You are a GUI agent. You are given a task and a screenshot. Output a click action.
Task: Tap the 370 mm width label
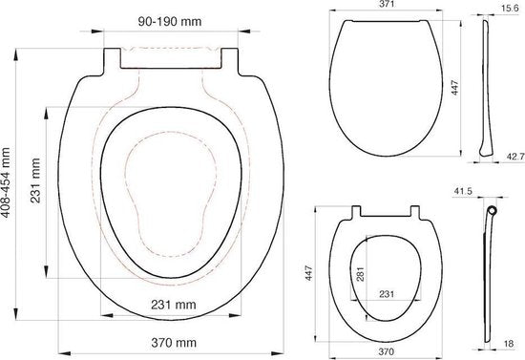click(172, 341)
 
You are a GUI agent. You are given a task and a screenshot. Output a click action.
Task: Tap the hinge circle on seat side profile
click(493, 212)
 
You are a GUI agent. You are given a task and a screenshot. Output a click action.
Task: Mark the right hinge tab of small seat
click(415, 213)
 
